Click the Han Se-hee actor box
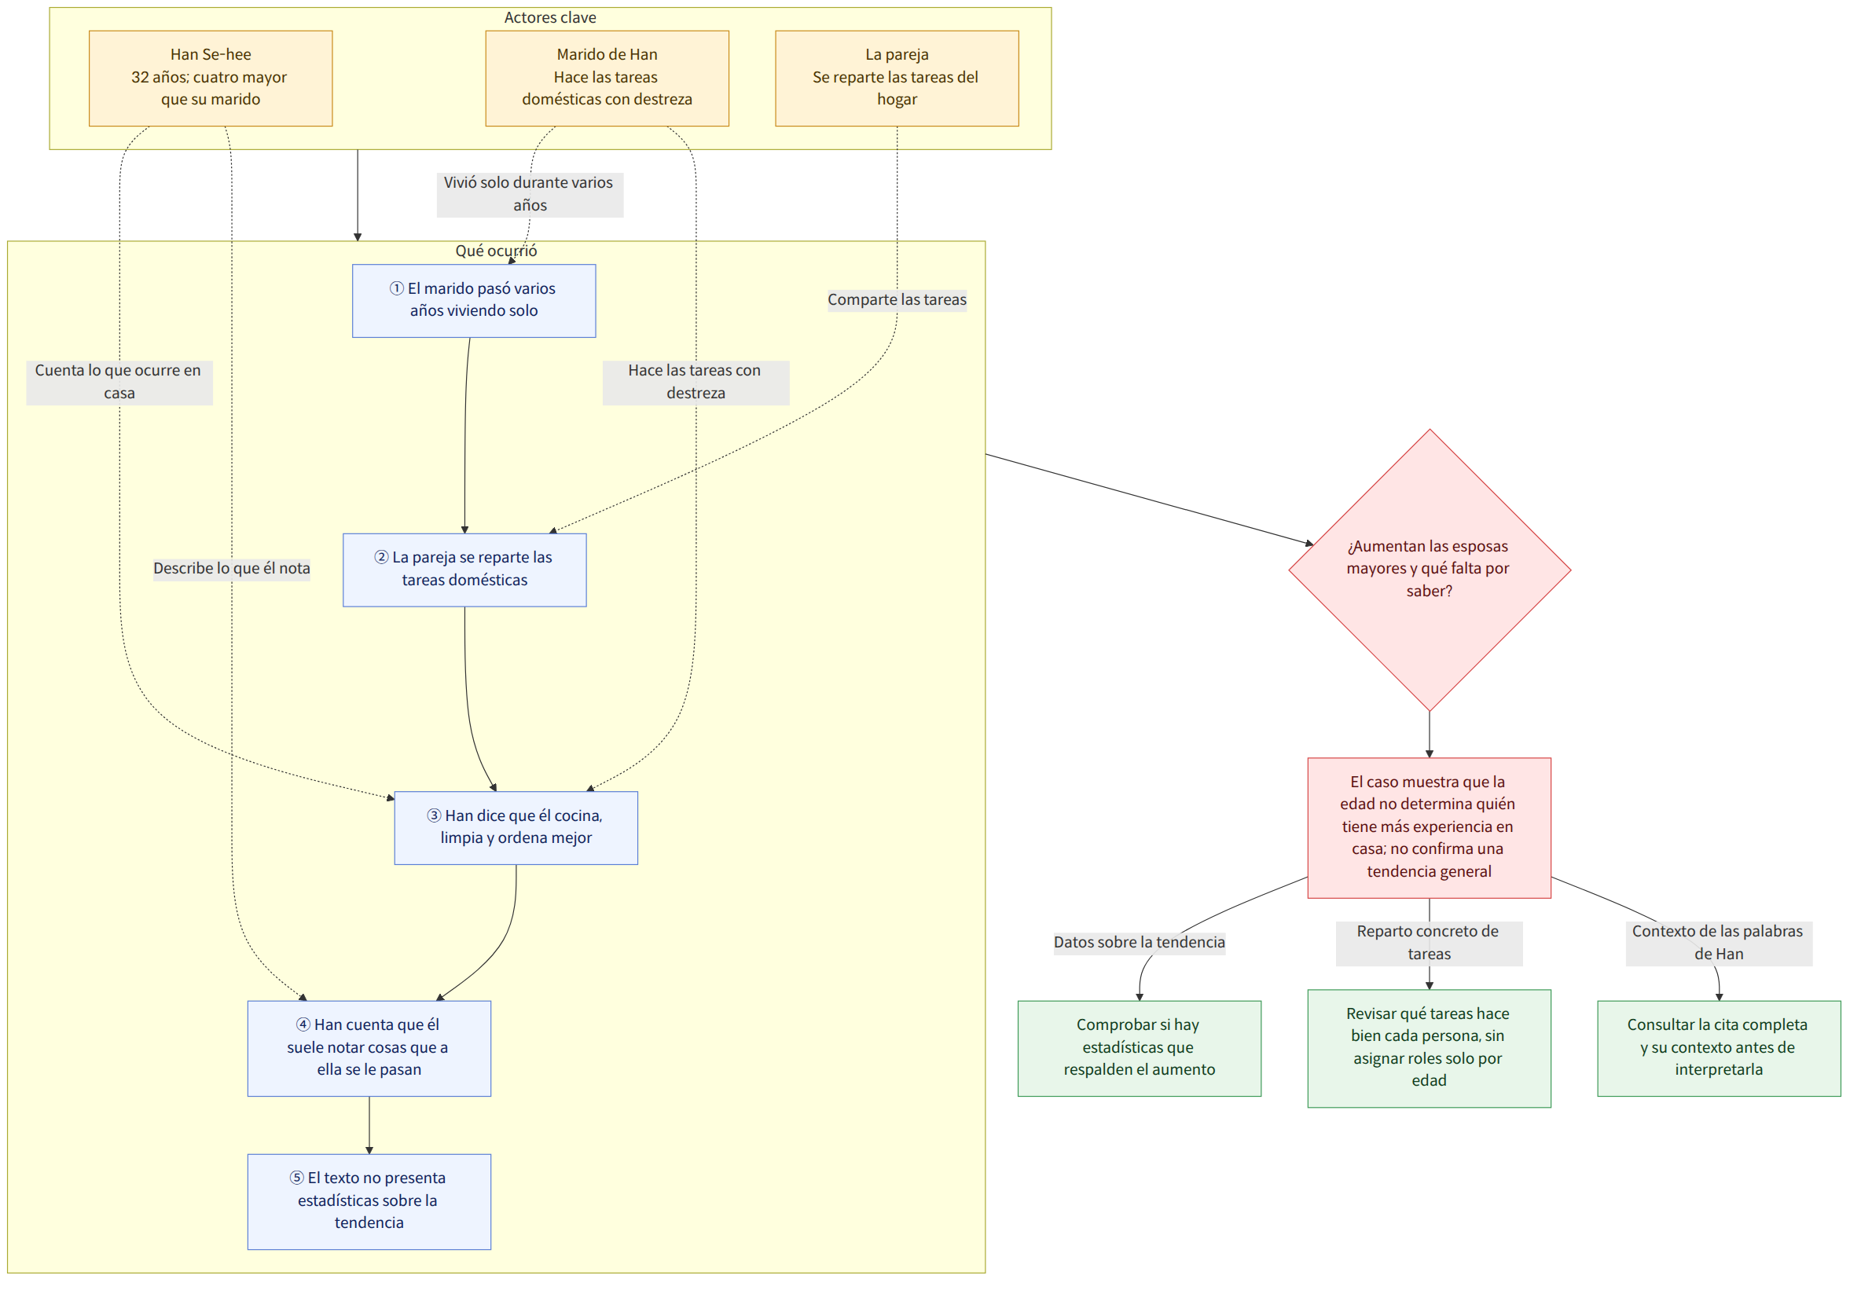(x=210, y=79)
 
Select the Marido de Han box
(x=607, y=79)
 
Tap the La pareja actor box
(x=896, y=79)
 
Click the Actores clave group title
(x=549, y=17)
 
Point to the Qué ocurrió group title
(x=496, y=251)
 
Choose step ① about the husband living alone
(x=474, y=301)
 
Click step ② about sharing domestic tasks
(x=464, y=570)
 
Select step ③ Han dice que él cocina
(x=516, y=828)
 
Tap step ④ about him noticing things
(x=369, y=1048)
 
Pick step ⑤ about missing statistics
(x=369, y=1201)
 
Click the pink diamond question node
(x=1429, y=570)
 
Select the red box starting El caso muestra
(x=1429, y=828)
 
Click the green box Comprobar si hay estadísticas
(x=1139, y=1048)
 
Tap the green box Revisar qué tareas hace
(x=1429, y=1048)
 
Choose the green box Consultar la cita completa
(x=1719, y=1048)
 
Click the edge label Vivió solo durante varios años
(x=530, y=195)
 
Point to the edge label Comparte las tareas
(x=897, y=300)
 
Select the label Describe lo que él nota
(x=231, y=568)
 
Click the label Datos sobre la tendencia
(x=1139, y=943)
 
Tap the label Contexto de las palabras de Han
(x=1719, y=944)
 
